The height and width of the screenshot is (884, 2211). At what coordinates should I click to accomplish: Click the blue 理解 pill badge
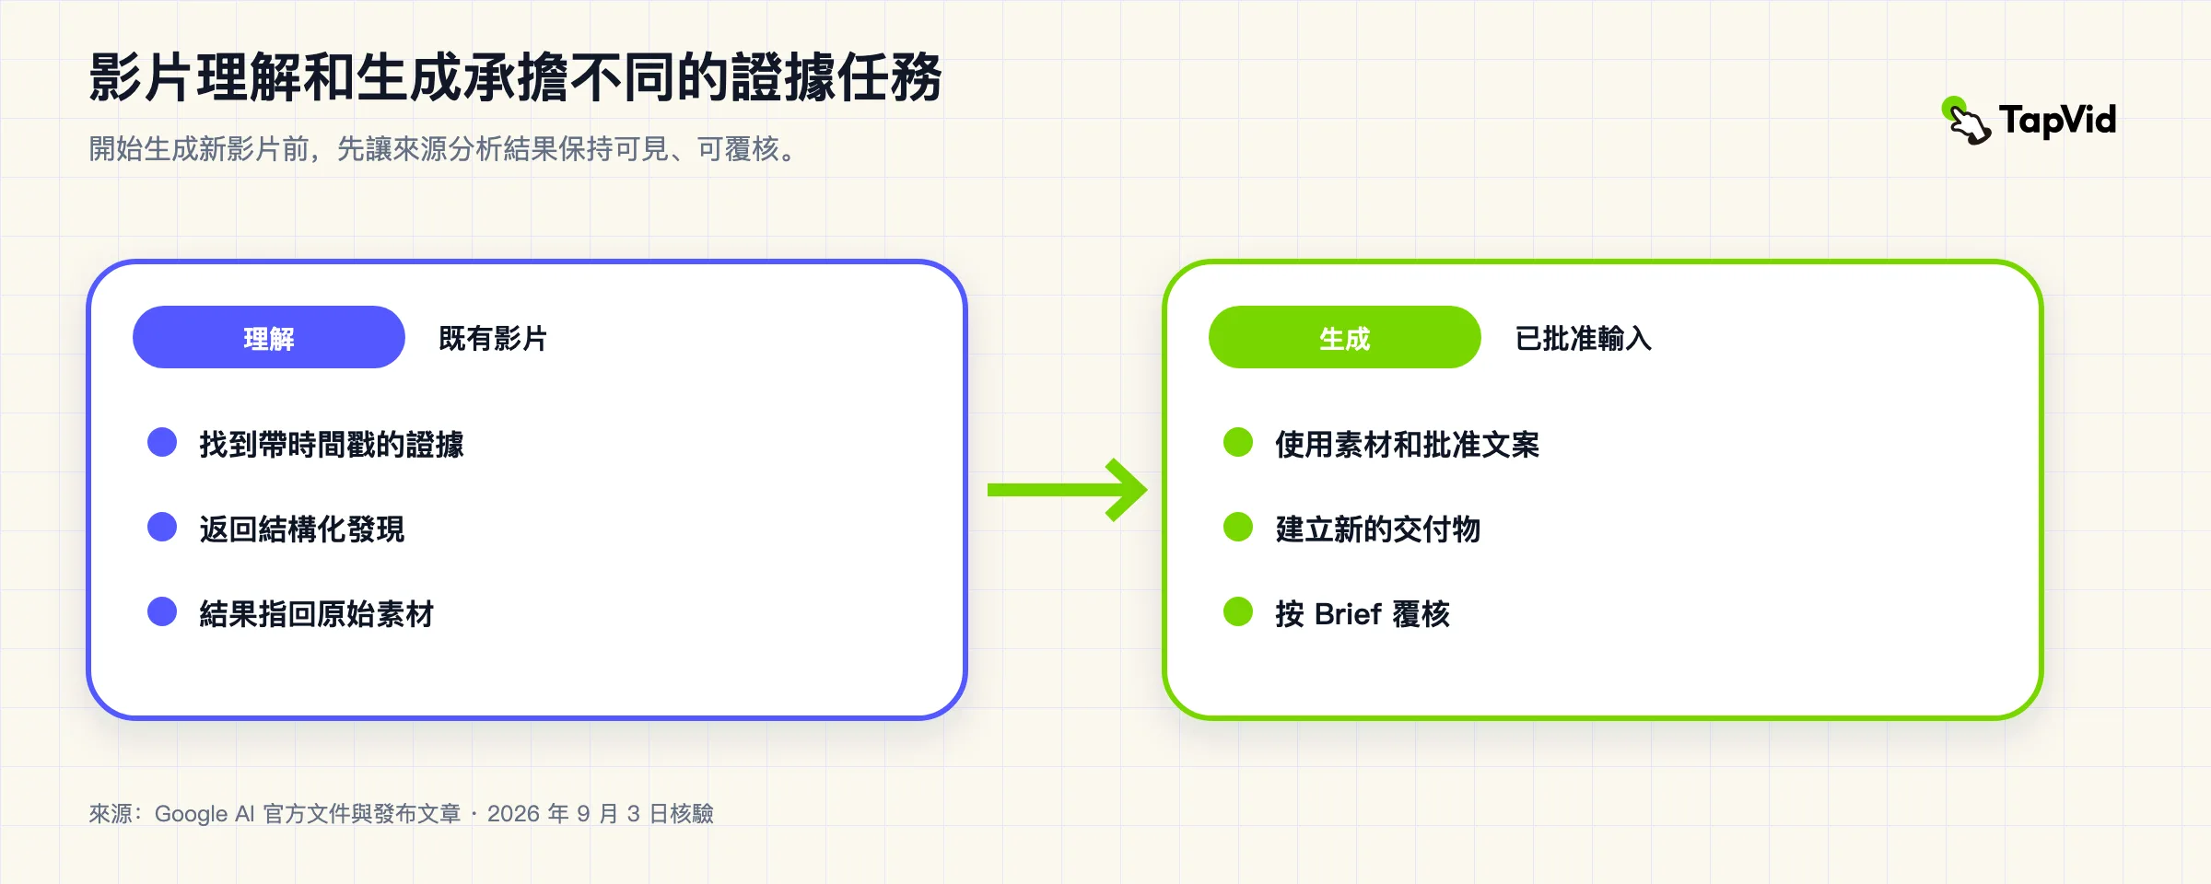pos(269,337)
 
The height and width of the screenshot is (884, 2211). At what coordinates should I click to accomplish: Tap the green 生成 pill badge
pos(1345,337)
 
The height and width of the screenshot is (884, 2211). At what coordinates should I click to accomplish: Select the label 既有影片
pos(493,339)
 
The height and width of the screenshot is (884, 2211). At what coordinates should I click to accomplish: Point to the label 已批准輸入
pos(1584,339)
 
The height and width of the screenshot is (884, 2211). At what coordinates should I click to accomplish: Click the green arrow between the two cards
pos(1067,490)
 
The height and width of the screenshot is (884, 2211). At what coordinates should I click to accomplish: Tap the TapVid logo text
pos(2058,121)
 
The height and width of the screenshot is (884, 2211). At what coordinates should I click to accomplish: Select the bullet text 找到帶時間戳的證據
pos(332,445)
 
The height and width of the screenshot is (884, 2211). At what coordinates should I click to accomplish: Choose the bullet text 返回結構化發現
pos(302,529)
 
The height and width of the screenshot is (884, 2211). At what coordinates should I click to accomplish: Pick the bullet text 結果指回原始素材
pos(317,614)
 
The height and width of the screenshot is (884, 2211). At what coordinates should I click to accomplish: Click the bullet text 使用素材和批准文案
pos(1408,445)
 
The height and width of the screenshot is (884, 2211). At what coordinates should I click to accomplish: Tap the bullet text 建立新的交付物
pos(1378,529)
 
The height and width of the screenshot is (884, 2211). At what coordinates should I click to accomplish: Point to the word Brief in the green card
pos(1348,614)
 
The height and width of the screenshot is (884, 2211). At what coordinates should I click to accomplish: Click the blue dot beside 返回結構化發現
pos(162,527)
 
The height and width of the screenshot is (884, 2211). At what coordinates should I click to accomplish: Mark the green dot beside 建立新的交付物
pos(1238,527)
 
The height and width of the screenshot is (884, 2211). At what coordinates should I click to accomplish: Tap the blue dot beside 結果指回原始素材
pos(162,611)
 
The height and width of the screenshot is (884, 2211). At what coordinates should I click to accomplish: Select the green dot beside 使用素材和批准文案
pos(1238,442)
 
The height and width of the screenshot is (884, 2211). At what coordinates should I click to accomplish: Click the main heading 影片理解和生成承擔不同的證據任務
pos(516,76)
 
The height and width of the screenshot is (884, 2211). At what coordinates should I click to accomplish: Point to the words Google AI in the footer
pos(205,814)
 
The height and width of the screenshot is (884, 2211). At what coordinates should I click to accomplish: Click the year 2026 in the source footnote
pos(513,814)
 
